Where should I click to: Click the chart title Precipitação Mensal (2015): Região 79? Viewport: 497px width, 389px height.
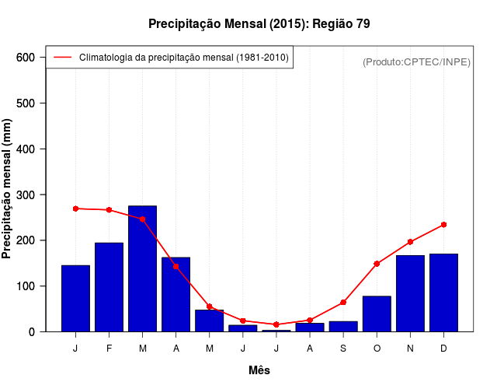(259, 24)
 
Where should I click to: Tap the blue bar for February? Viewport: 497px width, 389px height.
(109, 287)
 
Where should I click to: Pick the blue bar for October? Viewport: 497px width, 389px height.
(377, 314)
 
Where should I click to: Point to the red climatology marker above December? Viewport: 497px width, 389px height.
(443, 224)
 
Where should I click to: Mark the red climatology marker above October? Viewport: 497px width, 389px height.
(377, 264)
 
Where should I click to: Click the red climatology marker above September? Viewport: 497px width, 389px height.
(343, 302)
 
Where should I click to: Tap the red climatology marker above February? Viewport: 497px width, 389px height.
(109, 210)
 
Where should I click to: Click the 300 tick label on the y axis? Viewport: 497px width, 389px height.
(26, 194)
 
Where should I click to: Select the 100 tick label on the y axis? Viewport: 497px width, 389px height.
(26, 286)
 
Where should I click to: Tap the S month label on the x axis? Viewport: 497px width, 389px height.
(343, 349)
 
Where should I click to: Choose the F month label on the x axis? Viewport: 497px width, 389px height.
(109, 349)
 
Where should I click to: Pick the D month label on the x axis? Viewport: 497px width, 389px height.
(443, 349)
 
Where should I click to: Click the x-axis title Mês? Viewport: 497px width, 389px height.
(259, 371)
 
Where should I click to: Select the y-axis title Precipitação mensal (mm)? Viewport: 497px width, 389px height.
(8, 190)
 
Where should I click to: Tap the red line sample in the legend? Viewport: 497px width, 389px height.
(63, 58)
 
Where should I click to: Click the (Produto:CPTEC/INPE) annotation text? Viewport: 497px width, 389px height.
(416, 62)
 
